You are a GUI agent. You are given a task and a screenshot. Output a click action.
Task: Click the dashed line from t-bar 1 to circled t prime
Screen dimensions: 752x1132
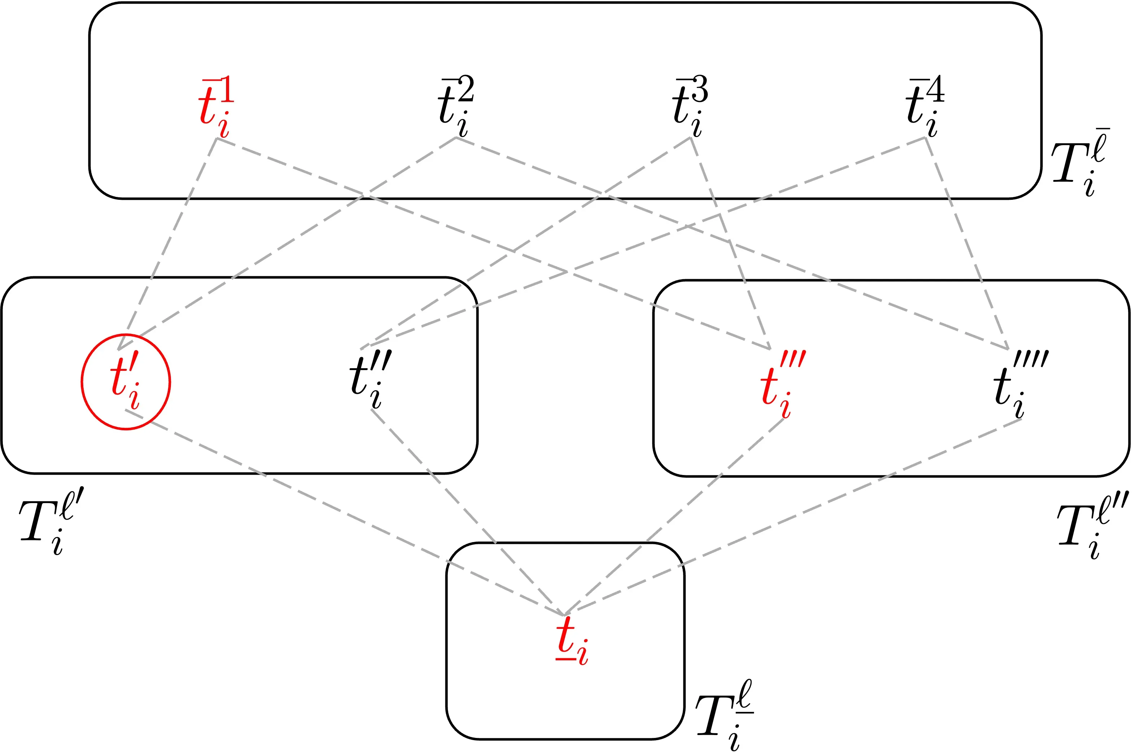click(x=168, y=243)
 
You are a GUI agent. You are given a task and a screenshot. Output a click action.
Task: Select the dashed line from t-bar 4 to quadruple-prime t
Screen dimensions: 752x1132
click(x=966, y=243)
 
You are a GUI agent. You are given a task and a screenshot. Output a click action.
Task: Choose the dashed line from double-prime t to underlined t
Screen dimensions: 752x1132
click(x=467, y=512)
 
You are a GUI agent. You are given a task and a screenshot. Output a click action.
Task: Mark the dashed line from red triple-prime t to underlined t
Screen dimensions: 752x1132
click(x=674, y=517)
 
